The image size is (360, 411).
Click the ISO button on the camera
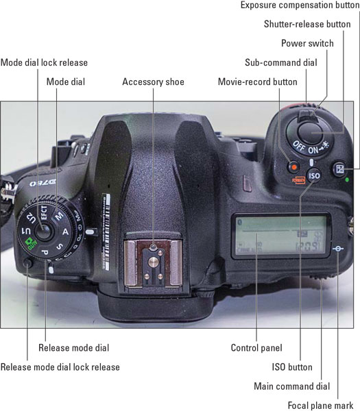[314, 175]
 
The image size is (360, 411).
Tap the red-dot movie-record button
[294, 167]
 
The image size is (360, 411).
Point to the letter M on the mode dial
[59, 216]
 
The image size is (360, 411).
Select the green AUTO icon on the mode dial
[32, 244]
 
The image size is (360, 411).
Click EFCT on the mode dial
[44, 212]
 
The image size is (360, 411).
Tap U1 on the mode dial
[26, 231]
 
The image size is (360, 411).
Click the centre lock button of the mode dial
[44, 232]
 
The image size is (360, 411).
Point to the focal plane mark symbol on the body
[338, 249]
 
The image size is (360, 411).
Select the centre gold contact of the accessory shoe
[153, 262]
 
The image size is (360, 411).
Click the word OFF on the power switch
[299, 146]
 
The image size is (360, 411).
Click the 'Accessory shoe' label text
[153, 82]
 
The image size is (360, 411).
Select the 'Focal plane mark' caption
[321, 406]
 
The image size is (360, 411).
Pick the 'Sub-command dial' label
[281, 62]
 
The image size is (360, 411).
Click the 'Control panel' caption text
[256, 348]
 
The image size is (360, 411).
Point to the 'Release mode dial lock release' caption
[60, 367]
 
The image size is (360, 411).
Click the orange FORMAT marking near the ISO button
[299, 180]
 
